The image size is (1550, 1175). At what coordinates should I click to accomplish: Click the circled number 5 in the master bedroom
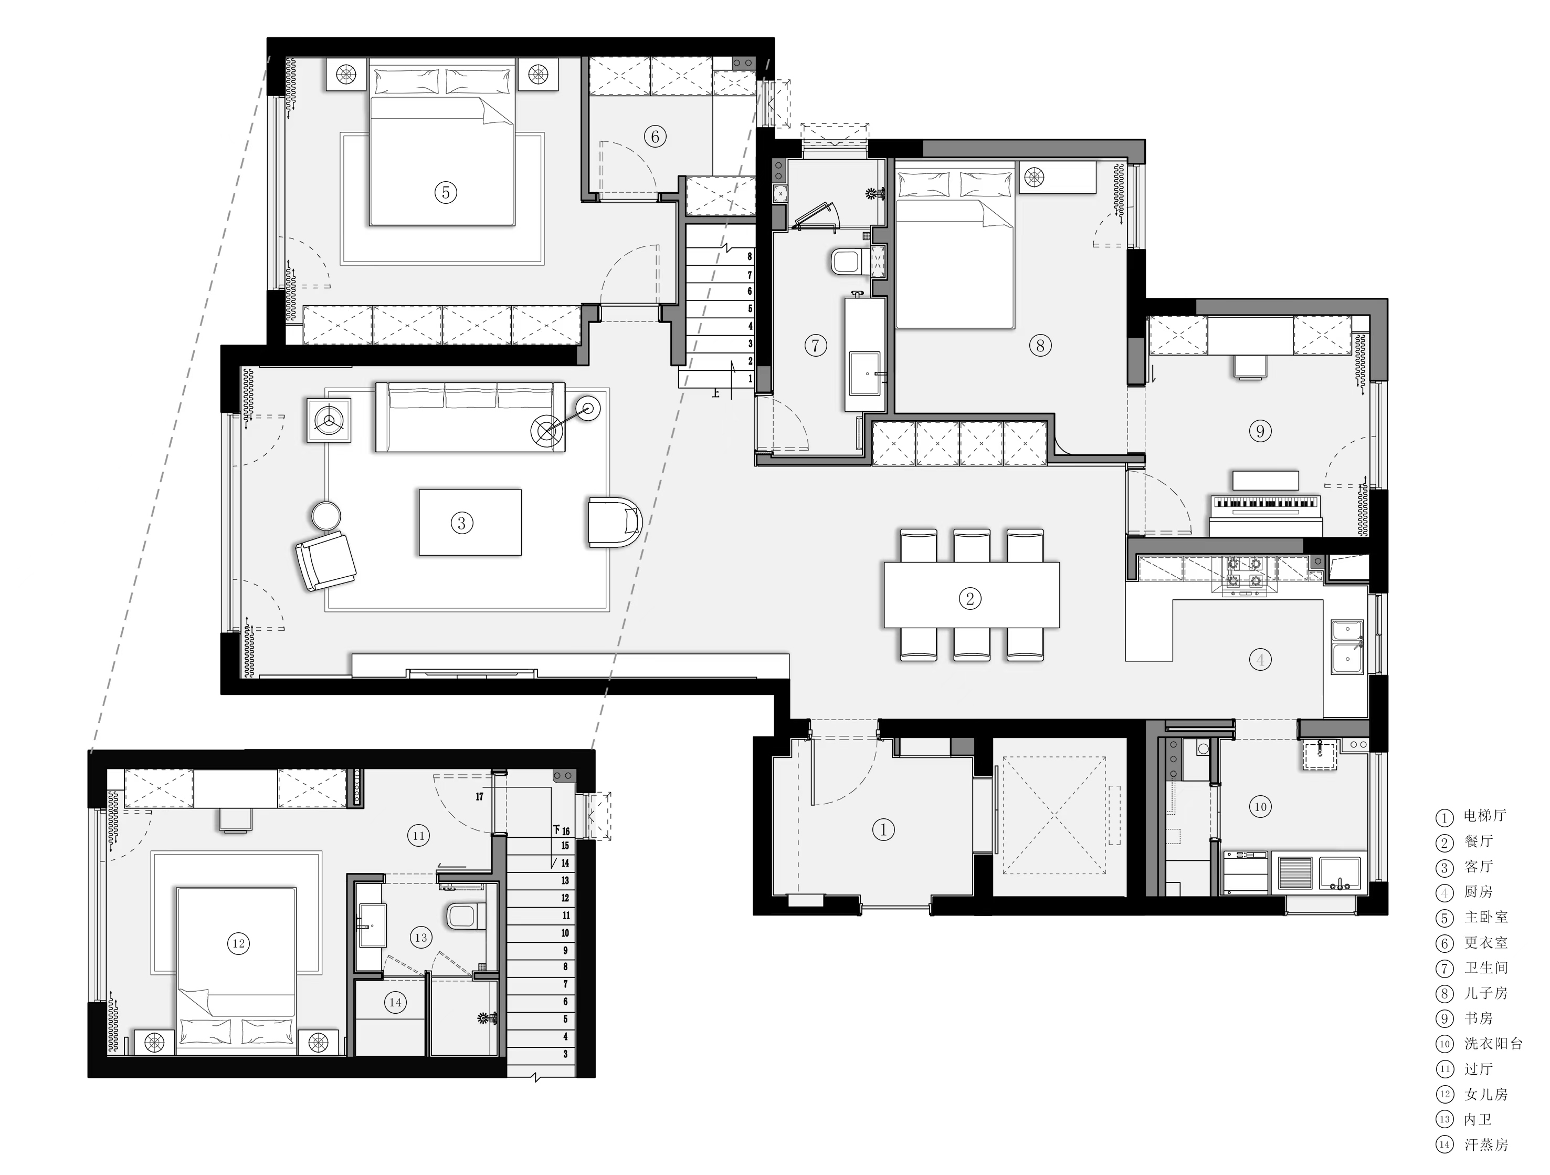[x=446, y=192]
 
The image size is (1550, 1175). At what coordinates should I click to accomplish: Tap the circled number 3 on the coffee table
[x=461, y=522]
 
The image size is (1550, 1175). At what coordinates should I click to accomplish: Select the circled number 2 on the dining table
[x=970, y=598]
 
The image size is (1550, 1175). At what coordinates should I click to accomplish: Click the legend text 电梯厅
[x=1485, y=815]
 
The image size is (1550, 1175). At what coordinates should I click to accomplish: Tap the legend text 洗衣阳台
[x=1493, y=1043]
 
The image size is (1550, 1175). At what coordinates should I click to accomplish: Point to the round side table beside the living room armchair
[x=326, y=516]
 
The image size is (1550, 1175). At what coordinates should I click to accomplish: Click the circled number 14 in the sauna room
[x=395, y=1002]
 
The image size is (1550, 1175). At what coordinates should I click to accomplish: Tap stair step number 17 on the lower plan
[x=479, y=796]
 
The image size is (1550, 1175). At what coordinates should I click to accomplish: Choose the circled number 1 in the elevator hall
[x=883, y=829]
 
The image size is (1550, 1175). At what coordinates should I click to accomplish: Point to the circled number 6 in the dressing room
[x=655, y=136]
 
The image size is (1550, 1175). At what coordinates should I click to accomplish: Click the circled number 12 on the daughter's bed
[x=238, y=943]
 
